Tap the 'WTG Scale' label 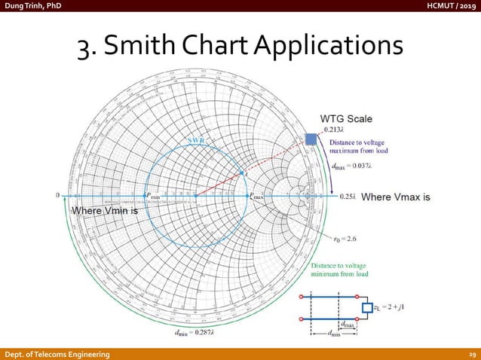346,119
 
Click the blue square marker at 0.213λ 310,139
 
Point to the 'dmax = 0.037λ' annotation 357,166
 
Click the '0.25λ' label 347,197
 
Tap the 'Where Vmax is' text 396,197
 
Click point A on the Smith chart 242,174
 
